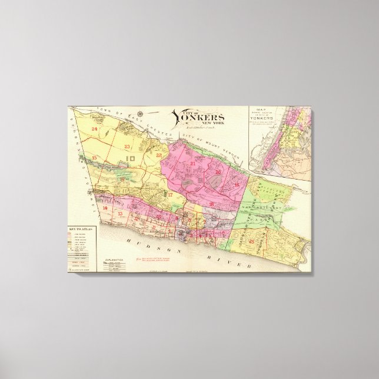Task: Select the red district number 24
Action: (x=94, y=128)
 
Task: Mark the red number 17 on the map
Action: (x=170, y=194)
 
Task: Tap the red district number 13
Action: (x=121, y=214)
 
